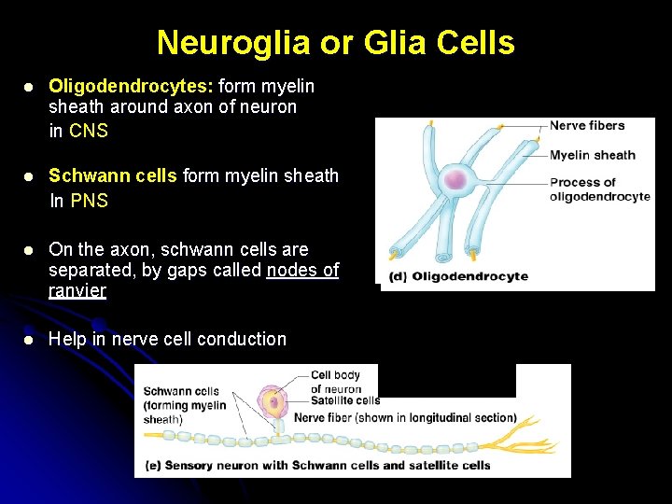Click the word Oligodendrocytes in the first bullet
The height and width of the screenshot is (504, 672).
coord(131,86)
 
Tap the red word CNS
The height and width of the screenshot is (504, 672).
coord(89,131)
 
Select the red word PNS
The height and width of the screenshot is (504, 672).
coord(90,201)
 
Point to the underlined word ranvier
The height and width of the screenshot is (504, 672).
coord(77,290)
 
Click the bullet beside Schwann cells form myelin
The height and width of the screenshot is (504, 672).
coord(29,176)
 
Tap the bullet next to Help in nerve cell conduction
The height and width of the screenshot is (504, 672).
coord(29,340)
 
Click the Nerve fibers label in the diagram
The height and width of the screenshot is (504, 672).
coord(586,126)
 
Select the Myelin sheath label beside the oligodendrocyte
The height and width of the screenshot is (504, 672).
coord(592,155)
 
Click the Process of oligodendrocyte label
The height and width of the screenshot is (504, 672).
coord(597,189)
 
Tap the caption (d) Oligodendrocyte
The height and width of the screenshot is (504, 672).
coord(458,276)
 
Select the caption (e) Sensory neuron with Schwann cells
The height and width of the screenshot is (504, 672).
coord(317,465)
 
